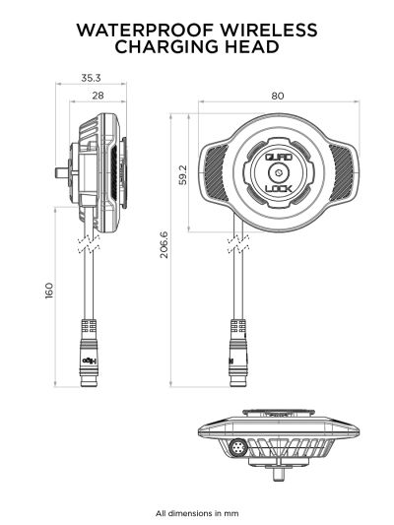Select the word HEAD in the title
click(251, 47)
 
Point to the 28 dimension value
click(97, 95)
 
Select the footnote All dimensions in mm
click(197, 513)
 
